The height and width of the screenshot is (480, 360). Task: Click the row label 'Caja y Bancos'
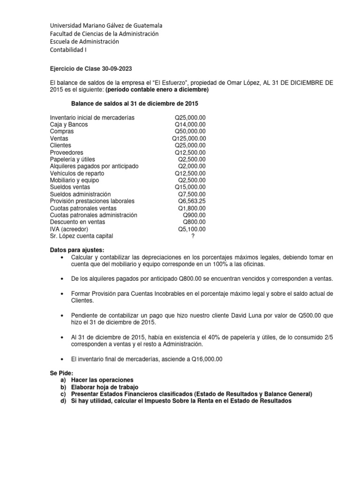coord(69,125)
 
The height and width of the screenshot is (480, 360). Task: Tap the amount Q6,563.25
coord(192,201)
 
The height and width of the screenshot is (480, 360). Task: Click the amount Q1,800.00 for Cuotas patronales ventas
coord(192,208)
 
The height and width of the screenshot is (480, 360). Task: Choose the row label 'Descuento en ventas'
coord(77,222)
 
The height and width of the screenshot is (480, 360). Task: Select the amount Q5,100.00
coord(192,229)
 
